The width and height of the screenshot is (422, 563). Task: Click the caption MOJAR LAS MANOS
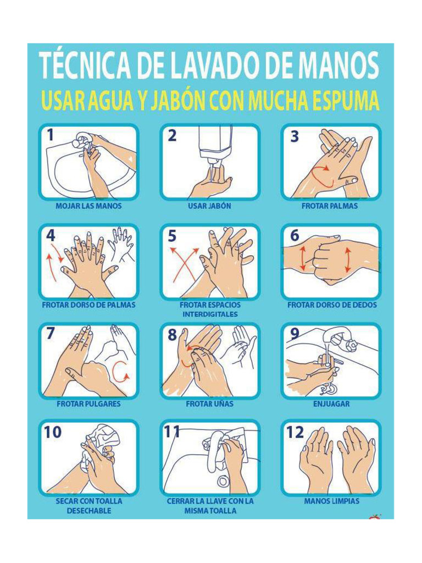[88, 206]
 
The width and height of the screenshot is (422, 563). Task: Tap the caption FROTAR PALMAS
[330, 206]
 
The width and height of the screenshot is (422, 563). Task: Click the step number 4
[50, 235]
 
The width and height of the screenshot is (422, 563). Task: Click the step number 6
[295, 235]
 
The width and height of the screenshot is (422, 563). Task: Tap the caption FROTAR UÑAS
[209, 404]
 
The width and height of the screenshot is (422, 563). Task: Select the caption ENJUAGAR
[331, 404]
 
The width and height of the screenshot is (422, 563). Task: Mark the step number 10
[53, 432]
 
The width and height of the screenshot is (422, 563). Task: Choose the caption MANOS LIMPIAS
[331, 501]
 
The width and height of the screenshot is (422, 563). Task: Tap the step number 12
[295, 432]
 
